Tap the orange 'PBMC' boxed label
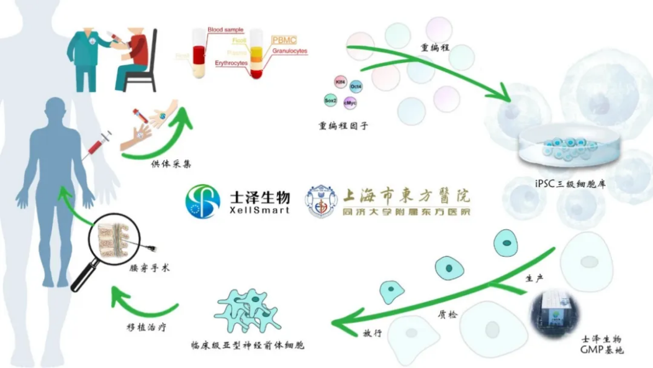(284, 40)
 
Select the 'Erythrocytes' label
(231, 63)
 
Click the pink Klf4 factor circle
(340, 81)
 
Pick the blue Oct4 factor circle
(356, 86)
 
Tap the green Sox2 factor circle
(331, 99)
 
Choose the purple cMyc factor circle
(350, 103)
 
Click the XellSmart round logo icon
(202, 200)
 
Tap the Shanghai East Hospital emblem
(321, 201)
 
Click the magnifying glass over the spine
(111, 244)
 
